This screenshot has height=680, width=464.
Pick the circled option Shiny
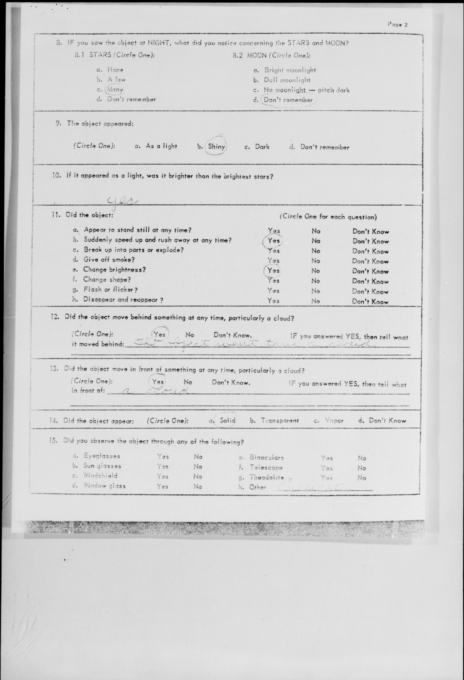click(x=216, y=146)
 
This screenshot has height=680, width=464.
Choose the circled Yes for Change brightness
click(x=273, y=271)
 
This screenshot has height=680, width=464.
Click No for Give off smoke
click(x=316, y=261)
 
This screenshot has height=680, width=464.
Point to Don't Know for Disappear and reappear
click(x=370, y=302)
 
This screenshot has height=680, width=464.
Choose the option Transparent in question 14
click(x=280, y=421)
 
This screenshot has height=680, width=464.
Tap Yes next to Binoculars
click(x=326, y=458)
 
